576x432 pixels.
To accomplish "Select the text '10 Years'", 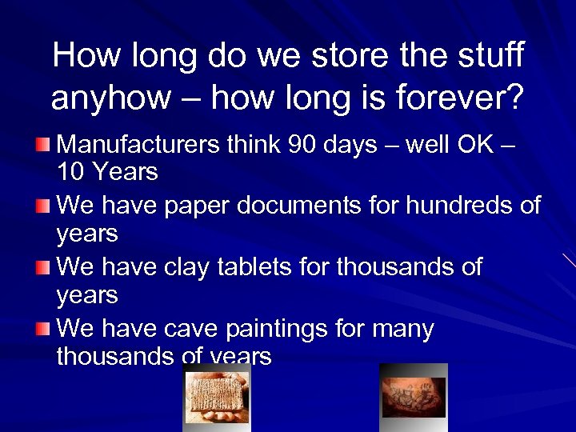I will [x=107, y=172].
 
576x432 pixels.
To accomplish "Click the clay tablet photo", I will [x=217, y=397].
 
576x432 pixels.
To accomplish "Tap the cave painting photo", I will [x=413, y=397].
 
